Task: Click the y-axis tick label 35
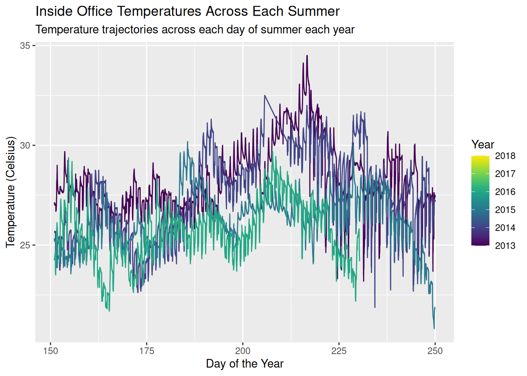coord(25,46)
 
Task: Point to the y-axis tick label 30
coord(25,145)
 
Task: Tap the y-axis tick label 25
coord(25,245)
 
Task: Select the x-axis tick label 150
coord(51,351)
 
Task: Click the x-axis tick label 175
coord(147,351)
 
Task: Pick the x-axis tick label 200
coord(243,351)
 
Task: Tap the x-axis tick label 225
coord(339,351)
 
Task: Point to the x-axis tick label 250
coord(435,351)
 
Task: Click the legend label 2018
coord(505,156)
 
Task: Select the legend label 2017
coord(505,174)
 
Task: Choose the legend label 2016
coord(505,192)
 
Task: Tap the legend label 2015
coord(505,210)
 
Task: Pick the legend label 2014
coord(505,228)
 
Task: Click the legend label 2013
coord(505,246)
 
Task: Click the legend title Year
coord(483,145)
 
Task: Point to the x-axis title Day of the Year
coord(245,364)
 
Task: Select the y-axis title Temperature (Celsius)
coord(11,192)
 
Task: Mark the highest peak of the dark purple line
coord(307,56)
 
